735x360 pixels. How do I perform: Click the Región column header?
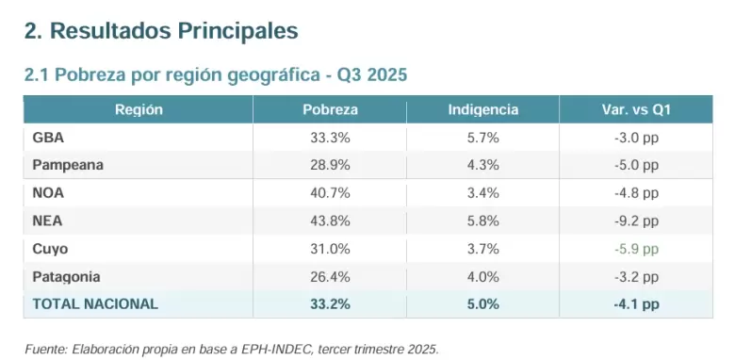click(x=139, y=109)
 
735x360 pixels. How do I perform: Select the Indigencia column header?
click(x=482, y=109)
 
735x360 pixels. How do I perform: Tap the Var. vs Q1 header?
click(x=636, y=109)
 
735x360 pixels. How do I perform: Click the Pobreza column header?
click(x=330, y=109)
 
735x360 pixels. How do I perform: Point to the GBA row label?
click(x=48, y=138)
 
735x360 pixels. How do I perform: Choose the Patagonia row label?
click(x=66, y=277)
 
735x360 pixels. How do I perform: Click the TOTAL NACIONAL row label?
click(x=95, y=303)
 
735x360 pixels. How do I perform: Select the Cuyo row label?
click(x=50, y=249)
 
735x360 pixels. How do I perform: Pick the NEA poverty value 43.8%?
click(x=330, y=221)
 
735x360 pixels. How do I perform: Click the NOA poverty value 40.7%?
click(x=330, y=193)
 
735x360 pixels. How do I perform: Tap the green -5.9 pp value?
click(x=636, y=249)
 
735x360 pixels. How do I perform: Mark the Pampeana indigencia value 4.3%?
click(x=482, y=165)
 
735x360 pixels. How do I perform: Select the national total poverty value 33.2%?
click(x=330, y=303)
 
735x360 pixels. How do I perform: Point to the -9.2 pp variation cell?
click(x=636, y=221)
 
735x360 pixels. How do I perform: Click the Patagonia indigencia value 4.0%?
click(x=482, y=277)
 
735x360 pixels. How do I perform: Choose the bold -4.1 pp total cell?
click(x=636, y=304)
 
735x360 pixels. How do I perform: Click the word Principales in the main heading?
click(x=237, y=31)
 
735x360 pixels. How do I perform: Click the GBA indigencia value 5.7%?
click(x=482, y=138)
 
